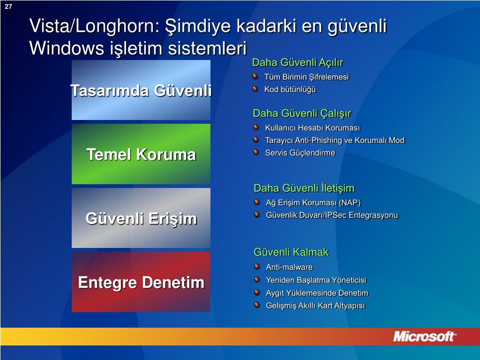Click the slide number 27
[8, 7]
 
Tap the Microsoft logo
[424, 337]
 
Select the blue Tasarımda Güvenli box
[141, 90]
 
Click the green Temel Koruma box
[141, 154]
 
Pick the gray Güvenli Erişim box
[141, 217]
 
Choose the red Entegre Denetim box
[141, 282]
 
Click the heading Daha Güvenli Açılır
[298, 62]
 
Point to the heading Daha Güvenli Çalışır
[302, 113]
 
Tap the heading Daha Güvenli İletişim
[304, 188]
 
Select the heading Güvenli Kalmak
[291, 252]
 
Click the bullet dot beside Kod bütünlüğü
[255, 89]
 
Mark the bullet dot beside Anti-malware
[257, 267]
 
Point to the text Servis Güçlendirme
[300, 153]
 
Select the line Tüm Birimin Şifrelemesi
[307, 77]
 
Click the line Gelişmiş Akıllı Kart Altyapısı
[315, 306]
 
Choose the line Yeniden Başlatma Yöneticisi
[316, 280]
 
